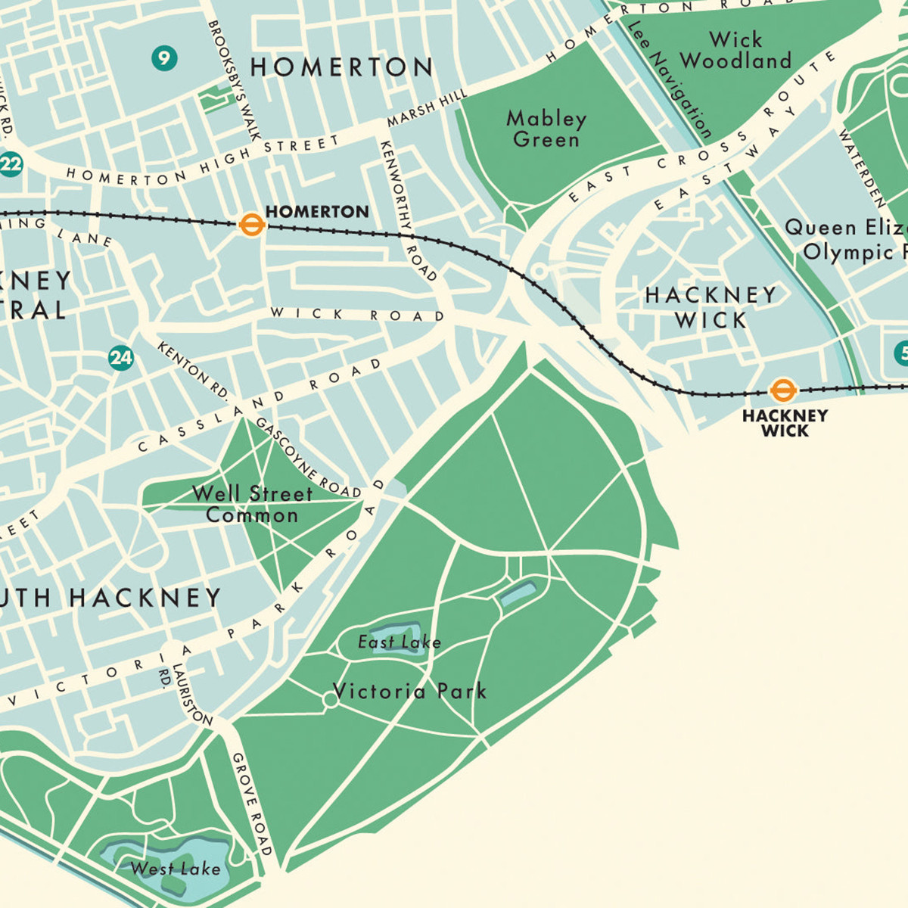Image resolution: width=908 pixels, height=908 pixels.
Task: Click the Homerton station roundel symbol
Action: (x=251, y=224)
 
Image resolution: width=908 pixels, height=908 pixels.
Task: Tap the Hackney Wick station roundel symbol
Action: (x=783, y=390)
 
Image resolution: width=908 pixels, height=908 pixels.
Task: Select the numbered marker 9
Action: (x=163, y=58)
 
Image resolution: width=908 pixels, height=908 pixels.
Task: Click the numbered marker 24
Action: (x=121, y=357)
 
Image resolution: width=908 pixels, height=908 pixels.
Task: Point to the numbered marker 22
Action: (x=11, y=164)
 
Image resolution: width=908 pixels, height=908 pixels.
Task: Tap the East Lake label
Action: (x=399, y=642)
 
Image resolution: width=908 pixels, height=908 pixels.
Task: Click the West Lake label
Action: (x=176, y=869)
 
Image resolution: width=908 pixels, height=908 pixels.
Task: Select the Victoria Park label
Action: (x=409, y=691)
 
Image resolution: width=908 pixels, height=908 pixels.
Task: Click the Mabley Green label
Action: (x=546, y=129)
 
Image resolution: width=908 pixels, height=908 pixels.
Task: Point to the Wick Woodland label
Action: (x=735, y=50)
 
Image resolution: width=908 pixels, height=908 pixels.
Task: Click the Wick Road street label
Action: (x=357, y=314)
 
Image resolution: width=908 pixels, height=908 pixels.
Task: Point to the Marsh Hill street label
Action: (x=427, y=108)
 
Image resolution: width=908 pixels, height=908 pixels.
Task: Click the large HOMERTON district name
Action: (x=341, y=67)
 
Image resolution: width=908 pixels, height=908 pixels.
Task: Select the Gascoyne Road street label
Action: (x=307, y=459)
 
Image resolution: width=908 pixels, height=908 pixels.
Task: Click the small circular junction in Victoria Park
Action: (x=330, y=701)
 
